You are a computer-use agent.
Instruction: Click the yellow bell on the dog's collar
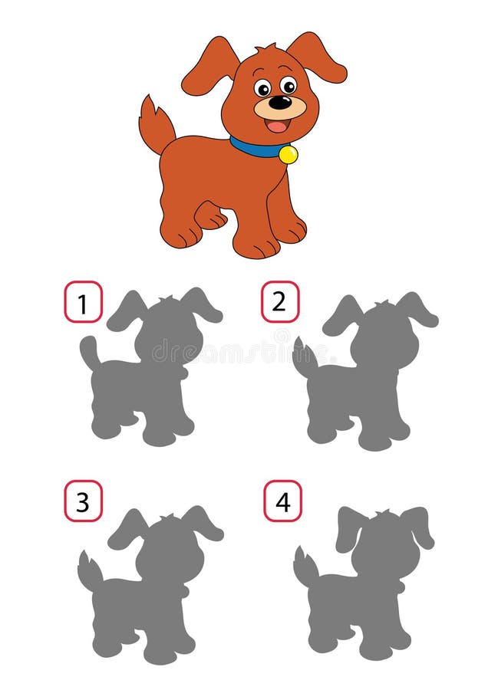pos(288,154)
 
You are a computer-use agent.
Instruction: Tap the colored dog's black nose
pos(280,102)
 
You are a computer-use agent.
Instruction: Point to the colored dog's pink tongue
pos(278,125)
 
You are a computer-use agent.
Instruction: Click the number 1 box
pos(83,301)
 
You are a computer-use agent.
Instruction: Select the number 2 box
pos(280,301)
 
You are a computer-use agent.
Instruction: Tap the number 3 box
pos(83,501)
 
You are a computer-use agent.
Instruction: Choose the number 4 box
pos(283,501)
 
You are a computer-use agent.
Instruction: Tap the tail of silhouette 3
pos(90,571)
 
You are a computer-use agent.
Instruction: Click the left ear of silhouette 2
pos(341,315)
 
